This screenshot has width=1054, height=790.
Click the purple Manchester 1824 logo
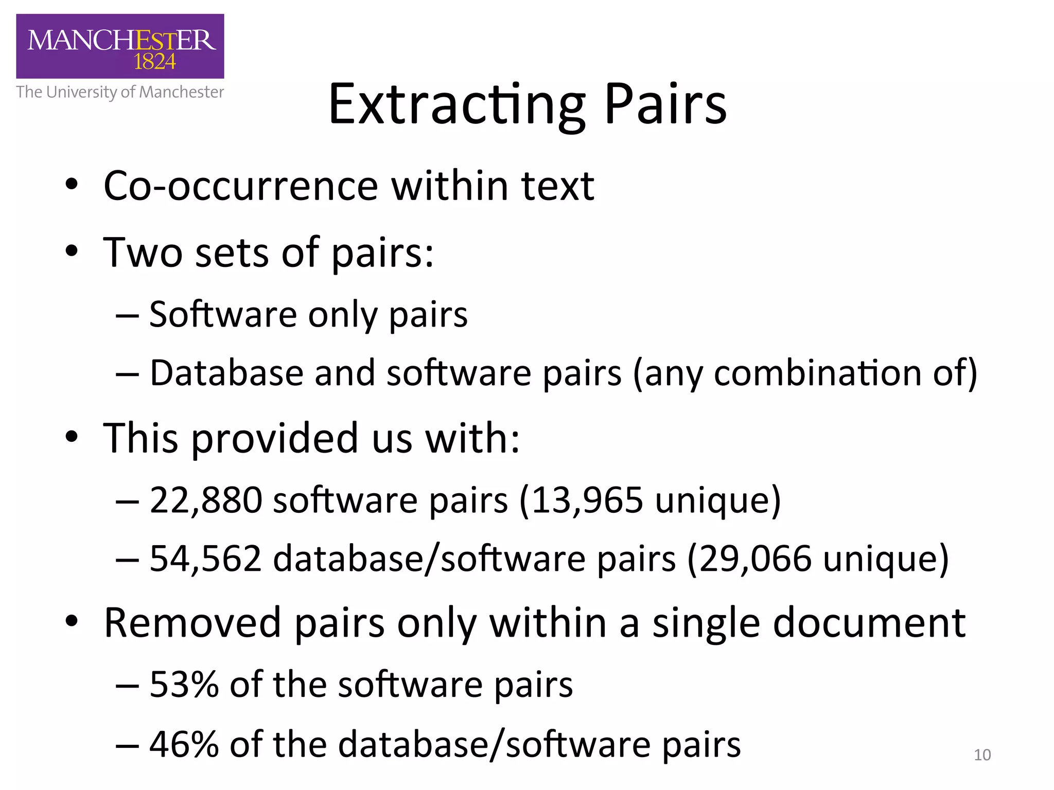click(120, 46)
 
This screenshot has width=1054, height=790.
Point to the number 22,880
click(206, 500)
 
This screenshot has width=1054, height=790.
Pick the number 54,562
click(206, 559)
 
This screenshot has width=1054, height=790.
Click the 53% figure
click(184, 685)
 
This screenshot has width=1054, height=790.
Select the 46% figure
click(184, 744)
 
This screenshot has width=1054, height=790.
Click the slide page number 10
click(982, 755)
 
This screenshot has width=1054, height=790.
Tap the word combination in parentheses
click(817, 373)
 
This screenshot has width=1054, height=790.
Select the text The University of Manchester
click(120, 92)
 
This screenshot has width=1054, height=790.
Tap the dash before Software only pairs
click(127, 315)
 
